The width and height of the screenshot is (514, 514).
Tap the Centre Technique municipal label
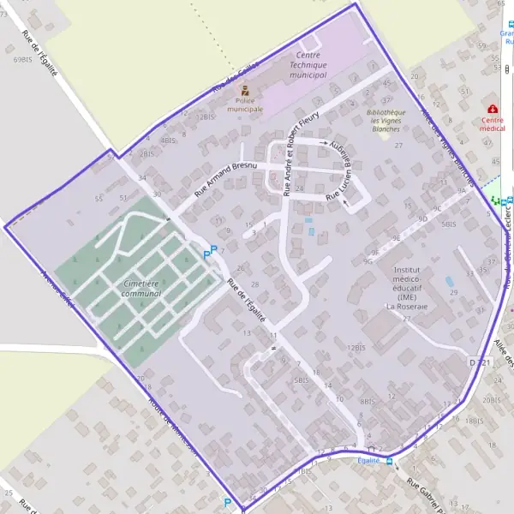[308, 65]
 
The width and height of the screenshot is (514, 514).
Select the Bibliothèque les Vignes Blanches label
[385, 121]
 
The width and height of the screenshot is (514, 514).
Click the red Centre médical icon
[493, 110]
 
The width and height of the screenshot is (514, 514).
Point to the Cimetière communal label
[140, 288]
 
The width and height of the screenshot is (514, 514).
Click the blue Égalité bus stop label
[369, 461]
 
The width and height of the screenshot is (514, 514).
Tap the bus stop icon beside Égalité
[390, 461]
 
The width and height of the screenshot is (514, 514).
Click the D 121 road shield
[481, 364]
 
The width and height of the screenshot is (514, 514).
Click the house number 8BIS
[368, 400]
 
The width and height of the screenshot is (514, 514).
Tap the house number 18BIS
[475, 421]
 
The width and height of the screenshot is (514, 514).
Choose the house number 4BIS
[169, 139]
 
